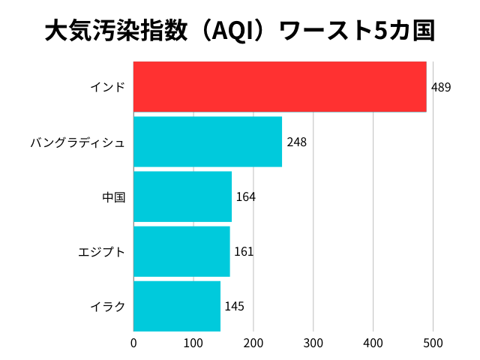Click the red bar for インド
click(280, 87)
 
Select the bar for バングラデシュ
click(208, 142)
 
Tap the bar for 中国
click(182, 196)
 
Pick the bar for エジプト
click(181, 251)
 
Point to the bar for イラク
click(177, 306)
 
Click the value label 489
click(441, 88)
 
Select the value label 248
click(296, 142)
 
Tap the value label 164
click(246, 197)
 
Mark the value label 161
click(244, 252)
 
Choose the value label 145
click(234, 307)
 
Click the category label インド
click(107, 88)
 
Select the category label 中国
click(113, 197)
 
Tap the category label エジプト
click(101, 252)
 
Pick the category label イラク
click(107, 307)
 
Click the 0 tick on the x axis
click(133, 343)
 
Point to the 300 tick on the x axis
click(313, 343)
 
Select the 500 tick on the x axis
click(433, 343)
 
